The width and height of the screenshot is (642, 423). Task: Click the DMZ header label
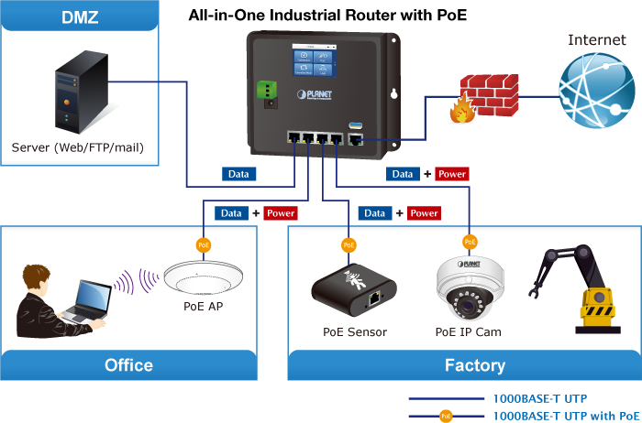click(80, 17)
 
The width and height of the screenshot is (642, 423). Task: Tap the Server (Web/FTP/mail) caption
click(78, 147)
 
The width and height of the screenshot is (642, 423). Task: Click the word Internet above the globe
click(597, 39)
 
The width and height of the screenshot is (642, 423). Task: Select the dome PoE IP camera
click(469, 287)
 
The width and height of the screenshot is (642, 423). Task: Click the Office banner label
click(128, 365)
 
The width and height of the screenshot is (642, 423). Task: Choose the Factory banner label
click(474, 365)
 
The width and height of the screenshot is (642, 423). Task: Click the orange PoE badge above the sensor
click(349, 245)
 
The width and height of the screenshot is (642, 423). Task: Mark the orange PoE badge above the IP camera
click(470, 242)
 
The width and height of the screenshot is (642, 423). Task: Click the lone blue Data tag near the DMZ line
click(239, 173)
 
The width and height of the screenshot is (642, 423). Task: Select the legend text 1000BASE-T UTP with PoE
click(566, 416)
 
